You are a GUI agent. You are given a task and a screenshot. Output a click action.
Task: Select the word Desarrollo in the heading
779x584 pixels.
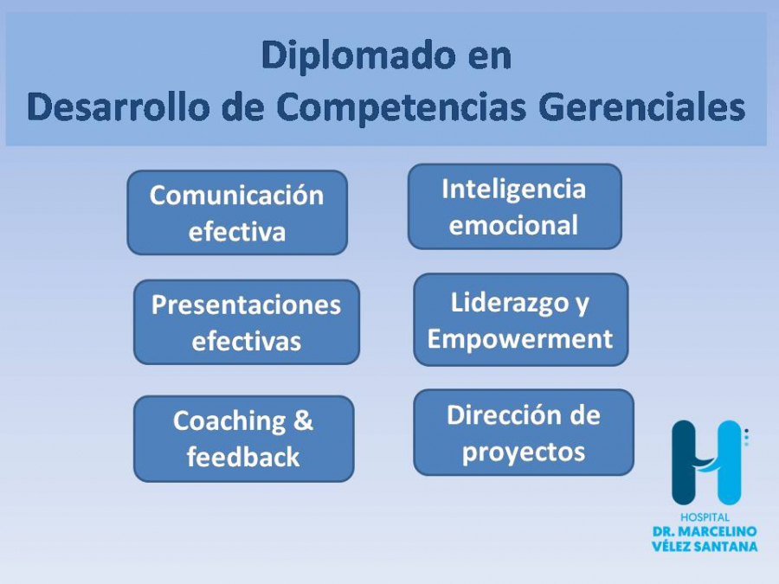pyautogui.click(x=119, y=106)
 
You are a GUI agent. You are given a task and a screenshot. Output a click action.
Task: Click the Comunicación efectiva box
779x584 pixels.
pyautogui.click(x=237, y=213)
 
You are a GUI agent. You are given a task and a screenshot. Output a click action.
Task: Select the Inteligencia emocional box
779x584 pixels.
pyautogui.click(x=515, y=207)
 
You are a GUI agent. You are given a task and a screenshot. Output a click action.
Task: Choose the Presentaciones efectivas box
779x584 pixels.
pyautogui.click(x=247, y=323)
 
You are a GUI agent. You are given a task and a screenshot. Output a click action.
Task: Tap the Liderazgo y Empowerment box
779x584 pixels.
pyautogui.click(x=521, y=320)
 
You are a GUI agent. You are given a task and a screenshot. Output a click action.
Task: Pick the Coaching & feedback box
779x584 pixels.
pyautogui.click(x=243, y=439)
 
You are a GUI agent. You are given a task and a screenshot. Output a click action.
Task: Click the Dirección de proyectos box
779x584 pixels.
pyautogui.click(x=524, y=432)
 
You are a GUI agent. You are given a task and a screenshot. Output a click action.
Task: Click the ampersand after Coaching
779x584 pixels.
pyautogui.click(x=303, y=420)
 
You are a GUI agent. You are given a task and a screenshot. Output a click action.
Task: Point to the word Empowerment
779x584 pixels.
pyautogui.click(x=520, y=340)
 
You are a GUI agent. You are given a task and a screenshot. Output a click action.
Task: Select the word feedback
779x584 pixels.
pyautogui.click(x=243, y=457)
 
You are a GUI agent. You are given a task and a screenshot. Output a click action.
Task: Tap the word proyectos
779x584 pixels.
pyautogui.click(x=524, y=452)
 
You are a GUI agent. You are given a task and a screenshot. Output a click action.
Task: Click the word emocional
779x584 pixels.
pyautogui.click(x=513, y=225)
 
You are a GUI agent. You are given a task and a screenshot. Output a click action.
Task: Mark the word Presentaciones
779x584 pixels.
pyautogui.click(x=247, y=305)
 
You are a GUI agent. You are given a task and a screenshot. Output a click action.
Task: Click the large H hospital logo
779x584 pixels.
pyautogui.click(x=706, y=463)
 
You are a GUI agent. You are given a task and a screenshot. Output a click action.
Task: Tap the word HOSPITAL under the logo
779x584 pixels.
pyautogui.click(x=705, y=517)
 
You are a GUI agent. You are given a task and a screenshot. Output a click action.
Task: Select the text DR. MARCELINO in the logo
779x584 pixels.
pyautogui.click(x=705, y=531)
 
